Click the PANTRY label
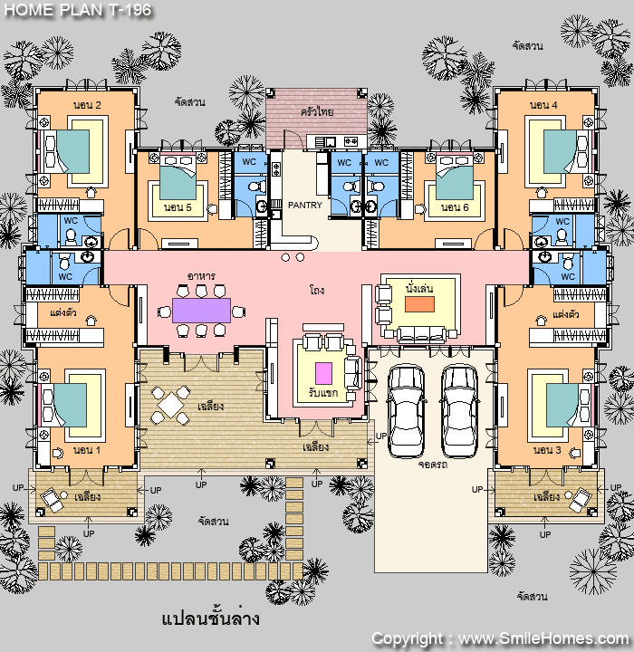tap(305, 205)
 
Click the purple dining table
tap(201, 311)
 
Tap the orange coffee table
tap(419, 303)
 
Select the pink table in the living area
tap(323, 373)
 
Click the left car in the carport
tap(406, 411)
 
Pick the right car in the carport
tap(459, 411)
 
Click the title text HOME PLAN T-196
tap(78, 10)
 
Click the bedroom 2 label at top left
tap(87, 105)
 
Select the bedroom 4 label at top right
tap(543, 105)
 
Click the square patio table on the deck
tap(170, 405)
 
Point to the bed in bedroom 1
tap(63, 405)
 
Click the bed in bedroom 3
tap(569, 405)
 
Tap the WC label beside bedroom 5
tap(249, 162)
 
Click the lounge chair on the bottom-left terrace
tap(51, 499)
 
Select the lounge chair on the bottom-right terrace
tap(580, 499)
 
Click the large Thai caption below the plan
tap(210, 618)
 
